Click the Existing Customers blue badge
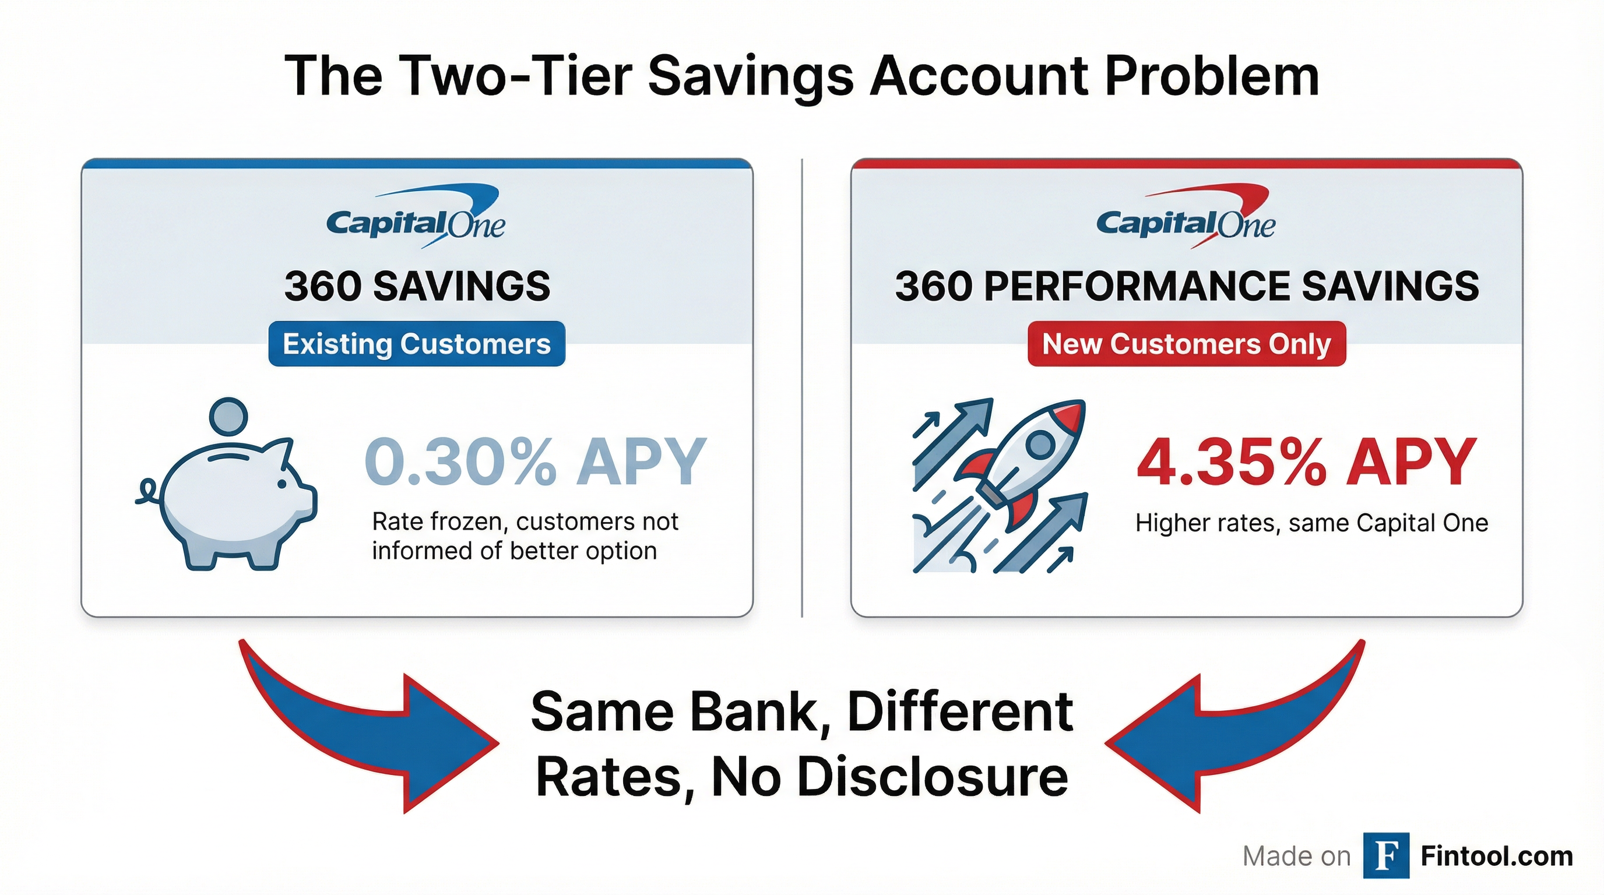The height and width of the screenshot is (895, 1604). click(x=417, y=344)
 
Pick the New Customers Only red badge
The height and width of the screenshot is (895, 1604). click(x=1186, y=344)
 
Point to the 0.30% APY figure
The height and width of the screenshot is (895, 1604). click(x=536, y=462)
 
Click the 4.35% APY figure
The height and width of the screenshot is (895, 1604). click(x=1306, y=462)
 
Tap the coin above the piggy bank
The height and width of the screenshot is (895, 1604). click(x=228, y=417)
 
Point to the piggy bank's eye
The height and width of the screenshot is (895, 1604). click(x=282, y=484)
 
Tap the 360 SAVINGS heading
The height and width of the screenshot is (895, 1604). click(x=417, y=286)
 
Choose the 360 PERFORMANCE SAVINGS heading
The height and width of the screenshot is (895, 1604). click(x=1187, y=286)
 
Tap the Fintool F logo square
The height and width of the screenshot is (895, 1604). click(x=1386, y=856)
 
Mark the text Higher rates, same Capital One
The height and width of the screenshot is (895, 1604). click(x=1311, y=523)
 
